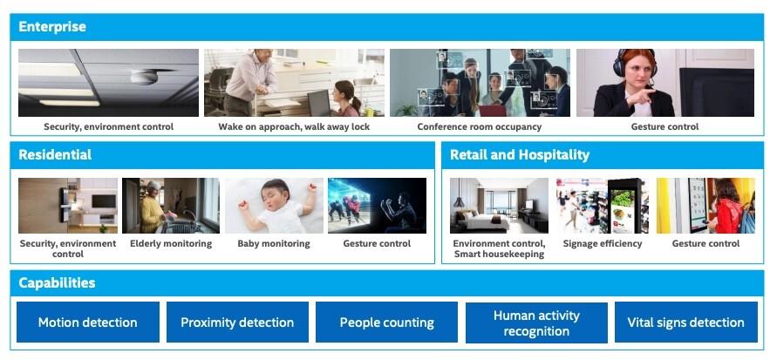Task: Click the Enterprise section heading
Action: [52, 26]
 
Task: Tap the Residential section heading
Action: [55, 154]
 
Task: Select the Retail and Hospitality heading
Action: [520, 154]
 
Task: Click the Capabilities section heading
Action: [57, 283]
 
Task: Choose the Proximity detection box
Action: [237, 323]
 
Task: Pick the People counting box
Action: [386, 323]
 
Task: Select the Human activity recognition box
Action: [536, 323]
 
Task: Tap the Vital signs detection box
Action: [686, 323]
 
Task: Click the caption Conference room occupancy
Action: [480, 126]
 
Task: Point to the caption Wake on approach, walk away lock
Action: [294, 126]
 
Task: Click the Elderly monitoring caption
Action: [171, 243]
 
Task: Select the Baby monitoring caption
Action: [274, 243]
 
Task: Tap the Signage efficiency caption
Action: [603, 243]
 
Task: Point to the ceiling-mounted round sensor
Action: [145, 76]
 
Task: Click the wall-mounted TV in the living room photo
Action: [104, 201]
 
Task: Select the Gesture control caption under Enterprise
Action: [664, 126]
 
